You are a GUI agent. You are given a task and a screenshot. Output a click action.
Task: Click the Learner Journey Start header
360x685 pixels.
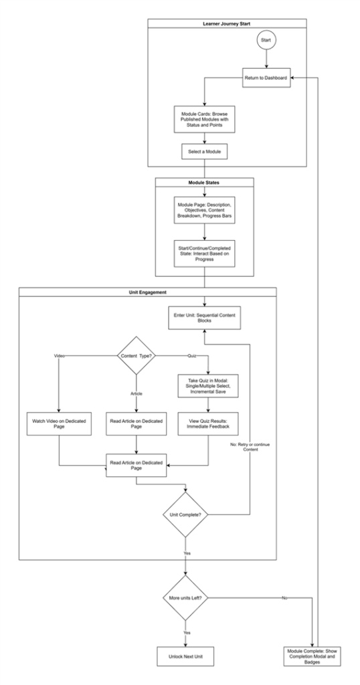[227, 23]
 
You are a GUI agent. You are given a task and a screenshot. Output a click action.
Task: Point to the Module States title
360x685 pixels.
[205, 182]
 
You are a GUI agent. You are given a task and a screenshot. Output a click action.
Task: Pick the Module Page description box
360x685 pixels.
[205, 207]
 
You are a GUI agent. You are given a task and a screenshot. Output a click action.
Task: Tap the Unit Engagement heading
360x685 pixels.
[147, 292]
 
